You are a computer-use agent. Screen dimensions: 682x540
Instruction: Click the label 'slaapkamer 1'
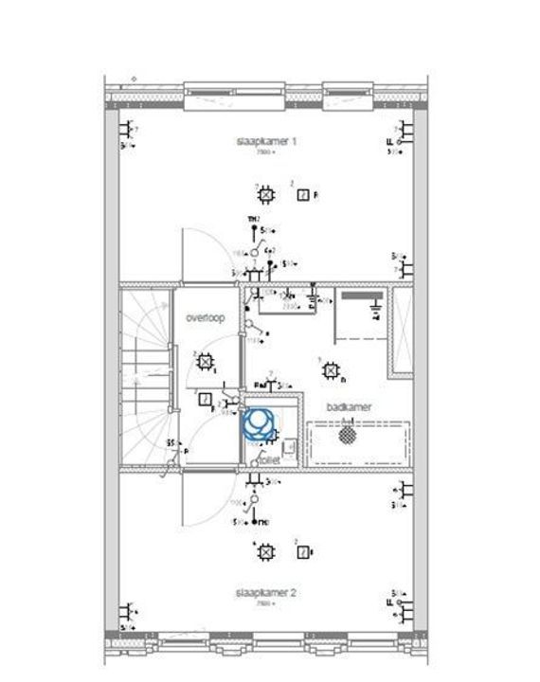tap(266, 141)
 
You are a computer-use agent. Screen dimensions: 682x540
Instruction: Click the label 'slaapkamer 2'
tap(266, 593)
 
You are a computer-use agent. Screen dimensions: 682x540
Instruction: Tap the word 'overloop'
tap(205, 318)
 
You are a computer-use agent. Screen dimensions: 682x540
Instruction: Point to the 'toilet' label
tap(270, 458)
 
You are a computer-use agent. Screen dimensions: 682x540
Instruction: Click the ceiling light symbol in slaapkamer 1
tap(266, 195)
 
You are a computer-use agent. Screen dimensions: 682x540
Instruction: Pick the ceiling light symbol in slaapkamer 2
tap(266, 551)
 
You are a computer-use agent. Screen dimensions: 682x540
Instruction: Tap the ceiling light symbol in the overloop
tap(204, 362)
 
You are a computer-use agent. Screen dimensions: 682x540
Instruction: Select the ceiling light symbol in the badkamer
tap(330, 369)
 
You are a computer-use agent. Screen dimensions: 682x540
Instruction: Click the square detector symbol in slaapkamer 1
tap(302, 196)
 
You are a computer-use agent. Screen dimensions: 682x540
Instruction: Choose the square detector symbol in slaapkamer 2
tap(302, 552)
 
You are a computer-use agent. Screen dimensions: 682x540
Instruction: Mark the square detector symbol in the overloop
tap(206, 400)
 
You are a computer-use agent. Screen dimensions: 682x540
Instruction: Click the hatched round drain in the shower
tap(349, 437)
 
